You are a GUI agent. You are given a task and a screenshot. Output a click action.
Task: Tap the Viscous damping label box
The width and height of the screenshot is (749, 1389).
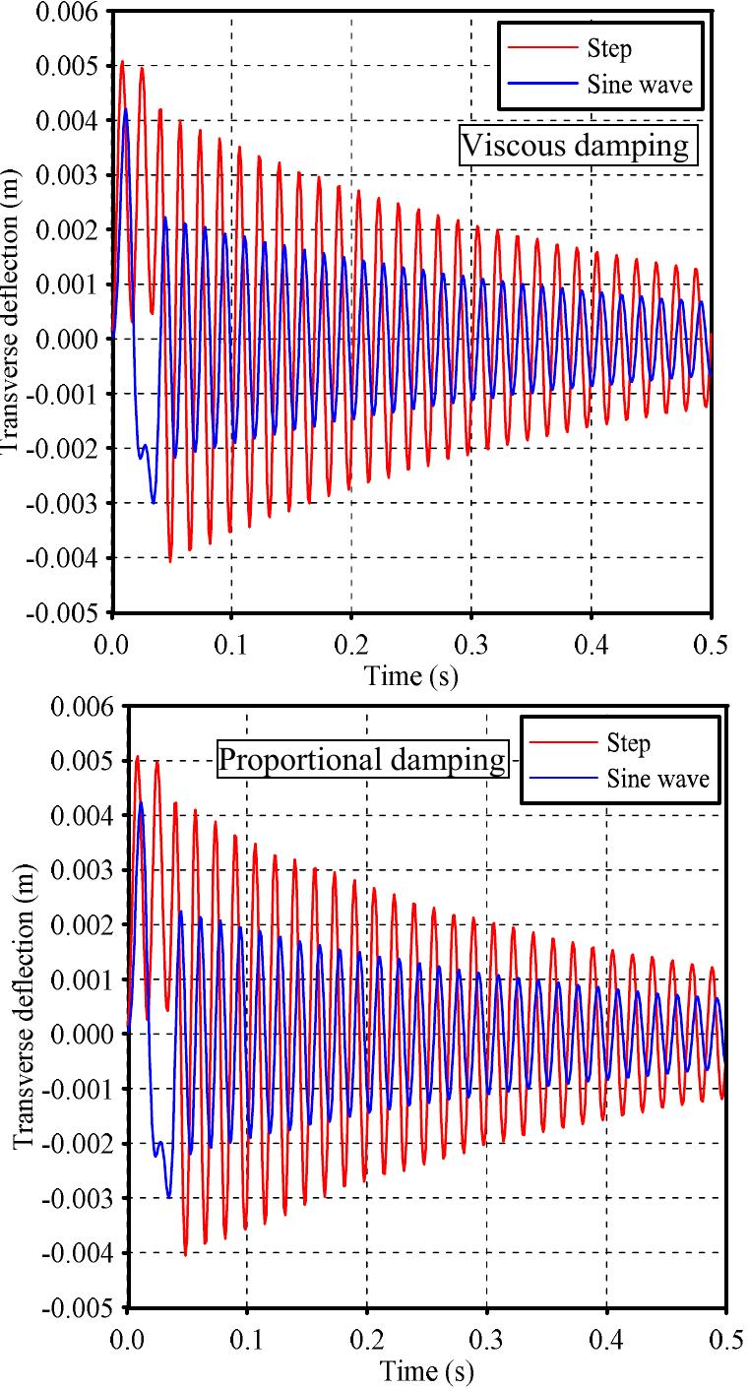click(577, 146)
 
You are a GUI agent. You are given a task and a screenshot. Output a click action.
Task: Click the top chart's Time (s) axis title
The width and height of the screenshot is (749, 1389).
click(410, 676)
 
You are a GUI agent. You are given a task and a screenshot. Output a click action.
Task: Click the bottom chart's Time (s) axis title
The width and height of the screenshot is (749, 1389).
click(425, 1369)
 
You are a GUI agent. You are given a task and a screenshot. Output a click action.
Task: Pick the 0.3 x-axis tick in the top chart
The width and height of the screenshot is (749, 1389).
click(470, 644)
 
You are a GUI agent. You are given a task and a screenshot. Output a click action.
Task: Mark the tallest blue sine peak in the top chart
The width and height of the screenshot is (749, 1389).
click(126, 108)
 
